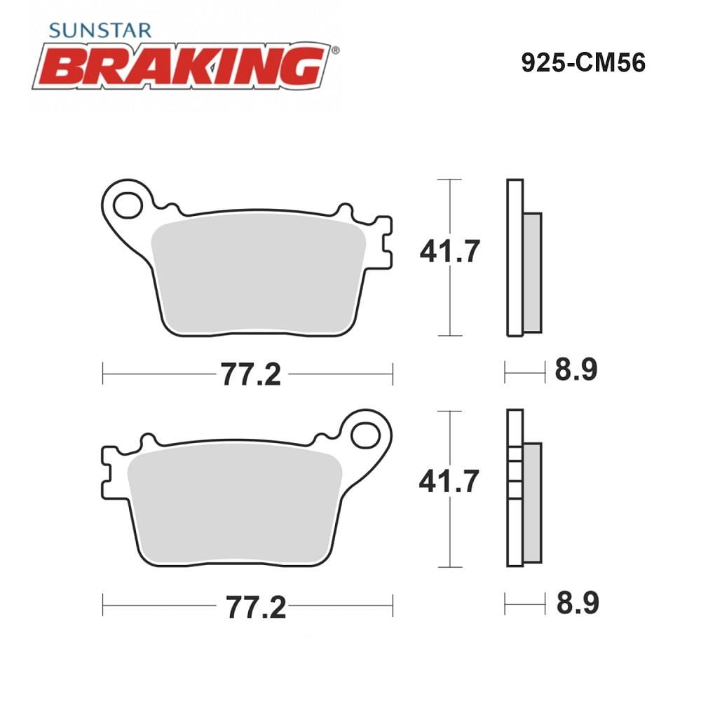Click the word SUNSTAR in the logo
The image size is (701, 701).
(x=100, y=30)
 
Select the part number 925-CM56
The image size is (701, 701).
(x=583, y=62)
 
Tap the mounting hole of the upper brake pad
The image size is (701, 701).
(x=128, y=205)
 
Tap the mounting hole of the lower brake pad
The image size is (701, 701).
(x=366, y=435)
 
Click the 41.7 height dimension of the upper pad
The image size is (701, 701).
(x=450, y=251)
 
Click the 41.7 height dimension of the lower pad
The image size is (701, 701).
(x=449, y=481)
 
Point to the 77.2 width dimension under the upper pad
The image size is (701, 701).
(x=251, y=374)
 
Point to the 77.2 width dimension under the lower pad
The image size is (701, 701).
(x=256, y=607)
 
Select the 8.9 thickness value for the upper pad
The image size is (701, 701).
(x=576, y=369)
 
